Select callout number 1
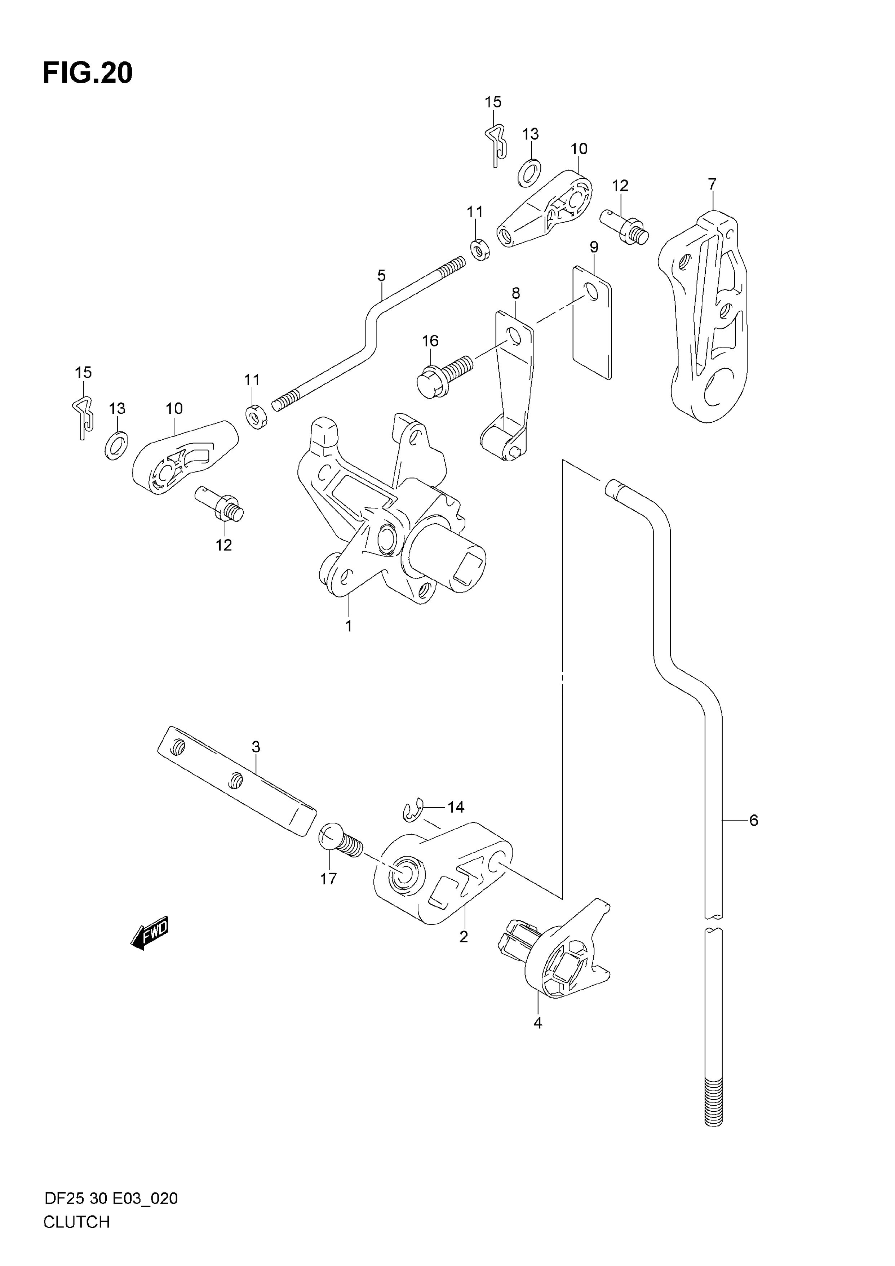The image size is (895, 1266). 349,626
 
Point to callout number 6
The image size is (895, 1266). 754,836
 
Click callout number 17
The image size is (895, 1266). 329,878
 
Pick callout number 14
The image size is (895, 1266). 456,807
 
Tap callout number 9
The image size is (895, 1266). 594,247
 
